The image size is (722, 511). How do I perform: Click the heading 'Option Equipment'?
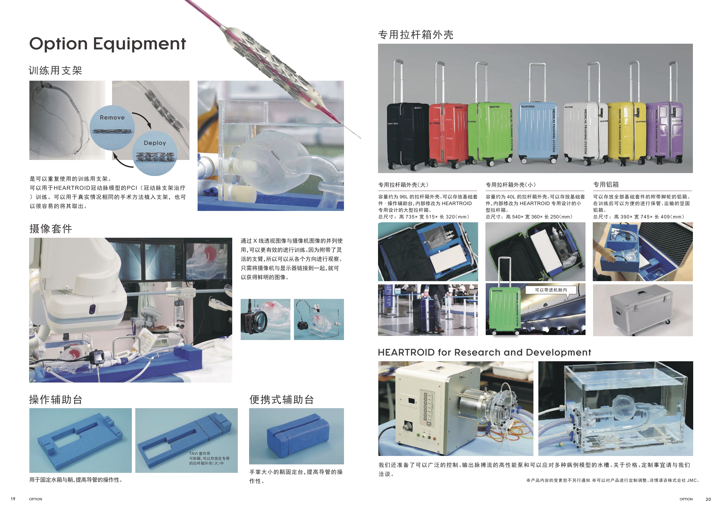(108, 44)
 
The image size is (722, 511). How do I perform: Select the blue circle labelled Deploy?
(155, 153)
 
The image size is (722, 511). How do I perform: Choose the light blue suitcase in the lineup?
(538, 132)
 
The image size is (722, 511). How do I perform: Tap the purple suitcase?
(664, 132)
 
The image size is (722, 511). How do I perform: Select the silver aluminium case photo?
(643, 310)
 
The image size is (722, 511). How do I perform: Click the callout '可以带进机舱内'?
(551, 290)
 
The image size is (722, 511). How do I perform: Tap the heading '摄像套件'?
(51, 229)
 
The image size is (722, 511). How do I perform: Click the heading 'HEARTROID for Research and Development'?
(484, 352)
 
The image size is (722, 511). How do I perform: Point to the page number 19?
(13, 499)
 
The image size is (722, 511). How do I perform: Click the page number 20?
(708, 499)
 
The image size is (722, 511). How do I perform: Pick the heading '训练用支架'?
(55, 70)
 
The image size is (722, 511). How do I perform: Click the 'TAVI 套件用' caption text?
(199, 453)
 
